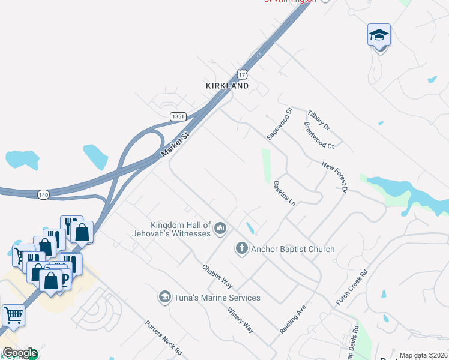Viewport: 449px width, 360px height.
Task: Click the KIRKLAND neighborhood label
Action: [x=227, y=86]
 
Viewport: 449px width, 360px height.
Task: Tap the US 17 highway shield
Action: [x=241, y=74]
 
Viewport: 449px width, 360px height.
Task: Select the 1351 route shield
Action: [x=177, y=116]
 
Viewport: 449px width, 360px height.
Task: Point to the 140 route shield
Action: [x=43, y=194]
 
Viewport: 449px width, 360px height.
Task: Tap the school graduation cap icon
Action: [x=379, y=35]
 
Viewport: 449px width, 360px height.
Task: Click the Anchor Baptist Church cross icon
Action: [x=242, y=248]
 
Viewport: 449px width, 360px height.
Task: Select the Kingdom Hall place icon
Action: [x=220, y=229]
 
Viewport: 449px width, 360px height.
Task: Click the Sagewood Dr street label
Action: [x=279, y=124]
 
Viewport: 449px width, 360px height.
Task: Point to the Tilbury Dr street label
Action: [x=319, y=120]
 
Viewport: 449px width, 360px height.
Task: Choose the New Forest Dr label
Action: [x=334, y=177]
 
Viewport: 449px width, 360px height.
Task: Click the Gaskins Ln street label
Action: [x=285, y=193]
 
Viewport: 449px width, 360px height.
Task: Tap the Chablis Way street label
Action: [x=217, y=276]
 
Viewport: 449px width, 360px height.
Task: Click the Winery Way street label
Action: [x=240, y=320]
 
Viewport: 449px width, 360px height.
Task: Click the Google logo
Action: [x=20, y=353]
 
